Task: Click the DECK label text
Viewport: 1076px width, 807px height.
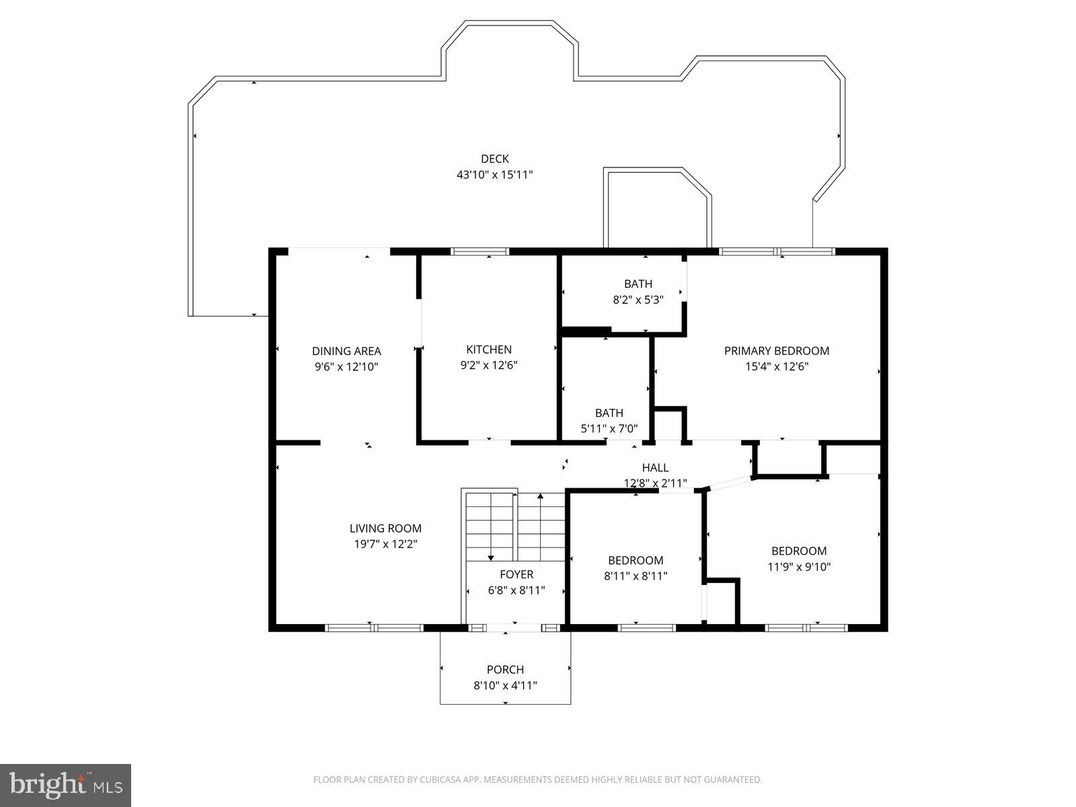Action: click(494, 159)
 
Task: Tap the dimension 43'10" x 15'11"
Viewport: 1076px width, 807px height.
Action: click(494, 175)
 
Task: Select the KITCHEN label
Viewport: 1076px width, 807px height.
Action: click(489, 349)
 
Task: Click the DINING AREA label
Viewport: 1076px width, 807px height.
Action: click(346, 350)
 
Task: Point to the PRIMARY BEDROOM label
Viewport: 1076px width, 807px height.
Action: click(776, 350)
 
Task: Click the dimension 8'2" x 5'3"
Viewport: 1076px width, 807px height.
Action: click(638, 300)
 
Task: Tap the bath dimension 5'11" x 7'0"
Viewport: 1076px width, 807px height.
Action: click(609, 428)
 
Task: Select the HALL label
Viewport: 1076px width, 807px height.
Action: click(655, 467)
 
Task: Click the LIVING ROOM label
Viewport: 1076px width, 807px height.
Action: click(385, 529)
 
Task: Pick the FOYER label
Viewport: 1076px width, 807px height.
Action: click(516, 574)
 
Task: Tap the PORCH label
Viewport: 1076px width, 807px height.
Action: click(505, 670)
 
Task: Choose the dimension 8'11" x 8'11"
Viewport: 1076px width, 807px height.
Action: click(636, 576)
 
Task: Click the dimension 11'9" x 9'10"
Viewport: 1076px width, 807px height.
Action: click(799, 567)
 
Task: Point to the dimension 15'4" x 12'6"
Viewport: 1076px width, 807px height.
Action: click(776, 367)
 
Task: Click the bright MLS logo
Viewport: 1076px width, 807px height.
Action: click(65, 785)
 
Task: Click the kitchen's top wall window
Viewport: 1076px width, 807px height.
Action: click(479, 252)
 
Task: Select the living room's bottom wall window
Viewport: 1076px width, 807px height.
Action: click(374, 628)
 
